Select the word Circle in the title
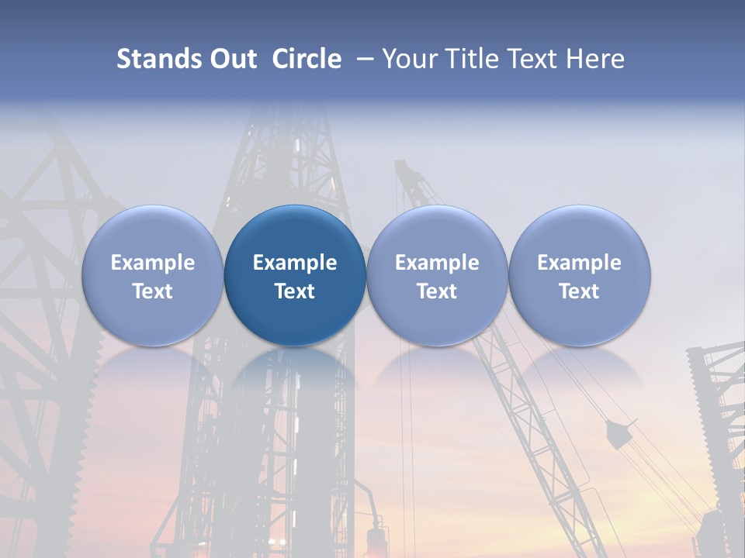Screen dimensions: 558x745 click(x=307, y=59)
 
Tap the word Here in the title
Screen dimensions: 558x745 click(x=595, y=59)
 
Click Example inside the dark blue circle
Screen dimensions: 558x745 click(x=295, y=263)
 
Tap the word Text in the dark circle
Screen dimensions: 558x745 click(x=295, y=291)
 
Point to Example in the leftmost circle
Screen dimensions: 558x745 click(x=152, y=263)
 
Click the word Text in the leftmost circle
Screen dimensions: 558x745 click(x=152, y=291)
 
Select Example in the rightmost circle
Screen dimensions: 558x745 click(x=579, y=263)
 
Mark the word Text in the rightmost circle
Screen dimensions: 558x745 click(x=579, y=291)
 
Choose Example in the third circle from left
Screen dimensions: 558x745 click(x=437, y=263)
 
